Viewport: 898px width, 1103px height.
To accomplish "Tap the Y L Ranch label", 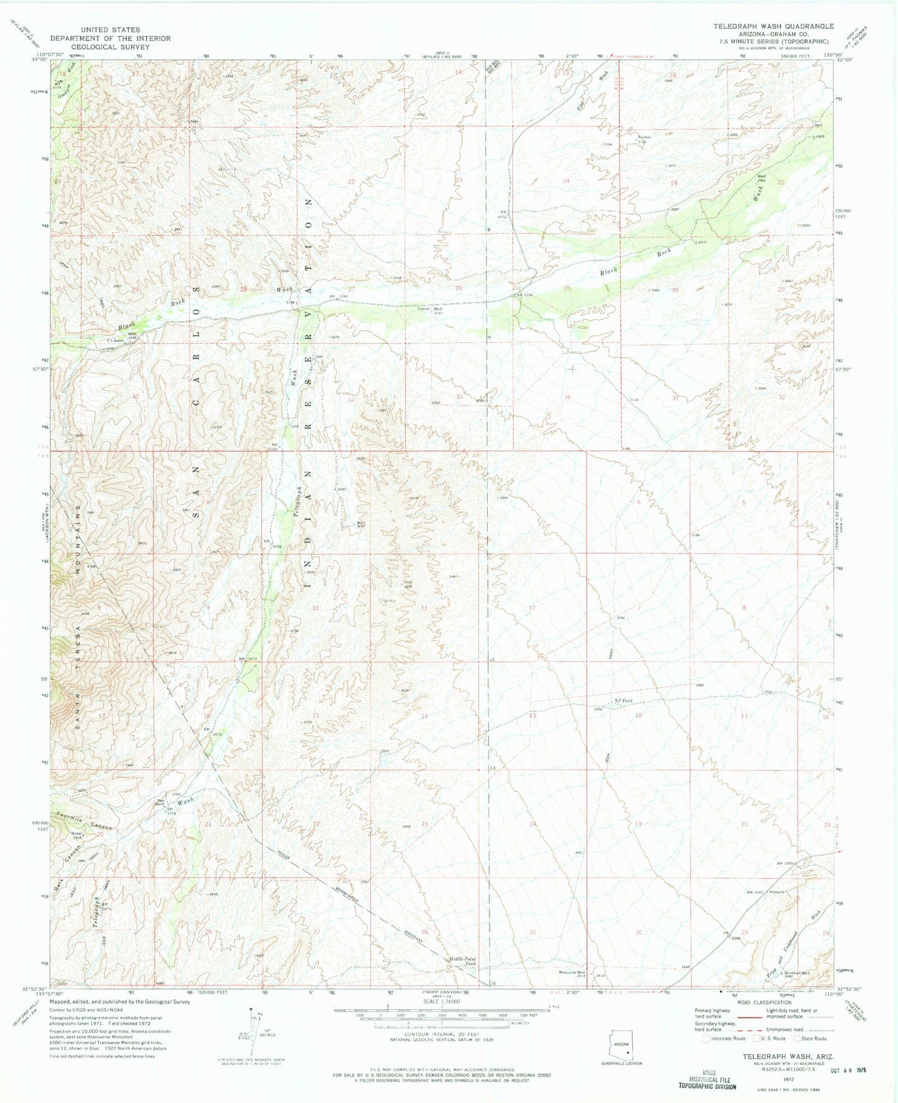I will click(x=115, y=340).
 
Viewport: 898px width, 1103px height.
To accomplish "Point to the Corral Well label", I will click(x=433, y=308).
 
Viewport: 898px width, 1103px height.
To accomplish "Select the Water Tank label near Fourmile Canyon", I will click(x=77, y=835).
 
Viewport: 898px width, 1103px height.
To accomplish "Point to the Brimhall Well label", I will click(x=797, y=973).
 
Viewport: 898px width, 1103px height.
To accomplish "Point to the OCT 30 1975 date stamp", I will click(x=848, y=1071).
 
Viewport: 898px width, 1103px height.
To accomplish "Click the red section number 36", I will click(x=567, y=397).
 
